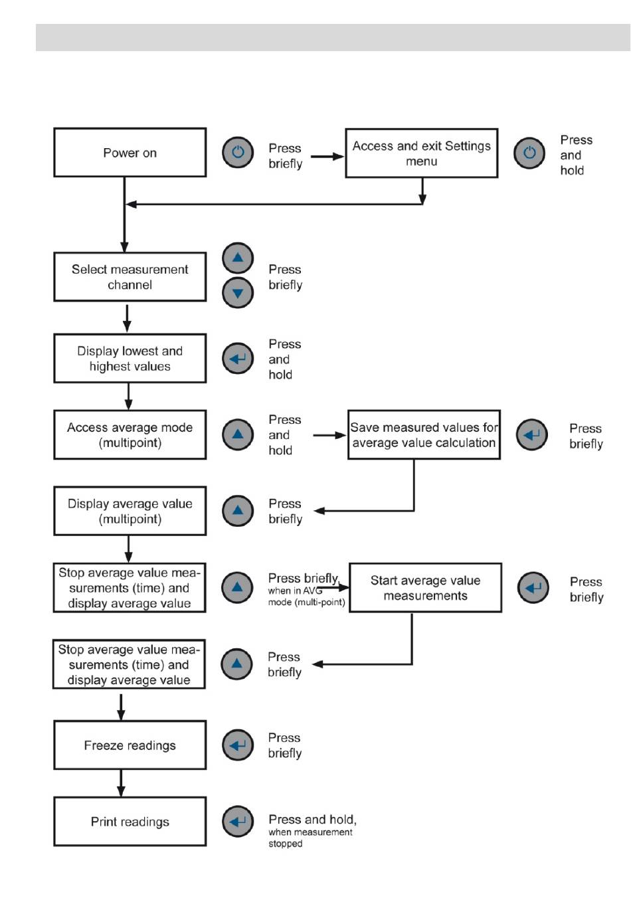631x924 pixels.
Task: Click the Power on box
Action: click(x=130, y=153)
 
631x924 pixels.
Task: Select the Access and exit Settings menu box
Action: click(x=422, y=153)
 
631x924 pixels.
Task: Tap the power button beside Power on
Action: click(x=238, y=152)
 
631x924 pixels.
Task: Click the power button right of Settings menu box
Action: click(x=529, y=153)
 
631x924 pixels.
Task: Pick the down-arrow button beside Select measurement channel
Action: click(x=238, y=293)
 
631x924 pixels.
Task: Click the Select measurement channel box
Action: click(x=130, y=277)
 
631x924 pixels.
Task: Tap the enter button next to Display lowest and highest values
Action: click(x=238, y=359)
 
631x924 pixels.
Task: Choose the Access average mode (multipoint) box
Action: click(x=130, y=435)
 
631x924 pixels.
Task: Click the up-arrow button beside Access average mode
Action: click(x=238, y=435)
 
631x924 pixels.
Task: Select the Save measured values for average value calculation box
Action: click(x=424, y=435)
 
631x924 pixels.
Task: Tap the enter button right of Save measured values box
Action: click(x=531, y=435)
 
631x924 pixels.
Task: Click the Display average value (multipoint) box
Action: click(x=130, y=511)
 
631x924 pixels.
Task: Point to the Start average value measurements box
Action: click(x=425, y=588)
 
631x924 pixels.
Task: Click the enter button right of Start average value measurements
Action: click(x=533, y=588)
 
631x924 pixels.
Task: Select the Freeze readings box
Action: click(x=130, y=745)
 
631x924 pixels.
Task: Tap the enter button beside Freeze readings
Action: click(x=238, y=745)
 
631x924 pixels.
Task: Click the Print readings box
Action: click(x=130, y=821)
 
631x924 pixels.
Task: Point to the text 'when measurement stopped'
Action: click(x=310, y=838)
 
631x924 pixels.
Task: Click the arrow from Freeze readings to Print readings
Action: click(x=121, y=783)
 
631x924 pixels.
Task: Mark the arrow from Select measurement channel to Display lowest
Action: click(x=127, y=318)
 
